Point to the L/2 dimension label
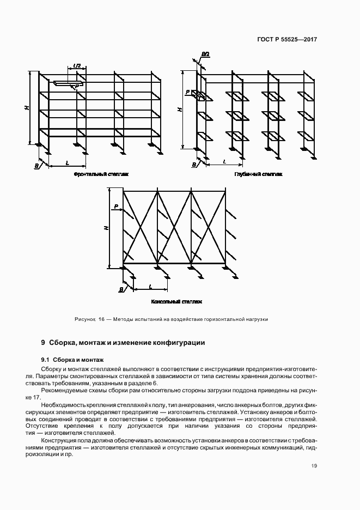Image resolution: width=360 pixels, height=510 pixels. click(77, 66)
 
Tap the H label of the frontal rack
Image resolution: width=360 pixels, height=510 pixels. click(26, 108)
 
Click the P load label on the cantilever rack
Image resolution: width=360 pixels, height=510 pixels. click(116, 207)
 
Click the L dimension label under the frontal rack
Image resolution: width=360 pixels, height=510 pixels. click(67, 162)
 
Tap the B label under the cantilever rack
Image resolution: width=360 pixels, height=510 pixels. click(121, 289)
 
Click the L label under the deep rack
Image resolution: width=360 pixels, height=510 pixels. click(224, 162)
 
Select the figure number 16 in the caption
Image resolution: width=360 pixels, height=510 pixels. click(101, 319)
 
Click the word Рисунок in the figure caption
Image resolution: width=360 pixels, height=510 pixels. click(85, 319)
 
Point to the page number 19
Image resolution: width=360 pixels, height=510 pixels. click(314, 465)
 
